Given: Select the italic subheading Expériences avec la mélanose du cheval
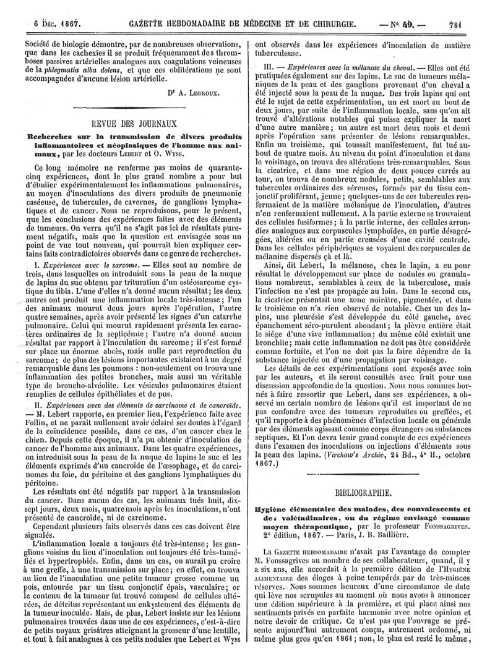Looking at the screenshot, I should [353, 65].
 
